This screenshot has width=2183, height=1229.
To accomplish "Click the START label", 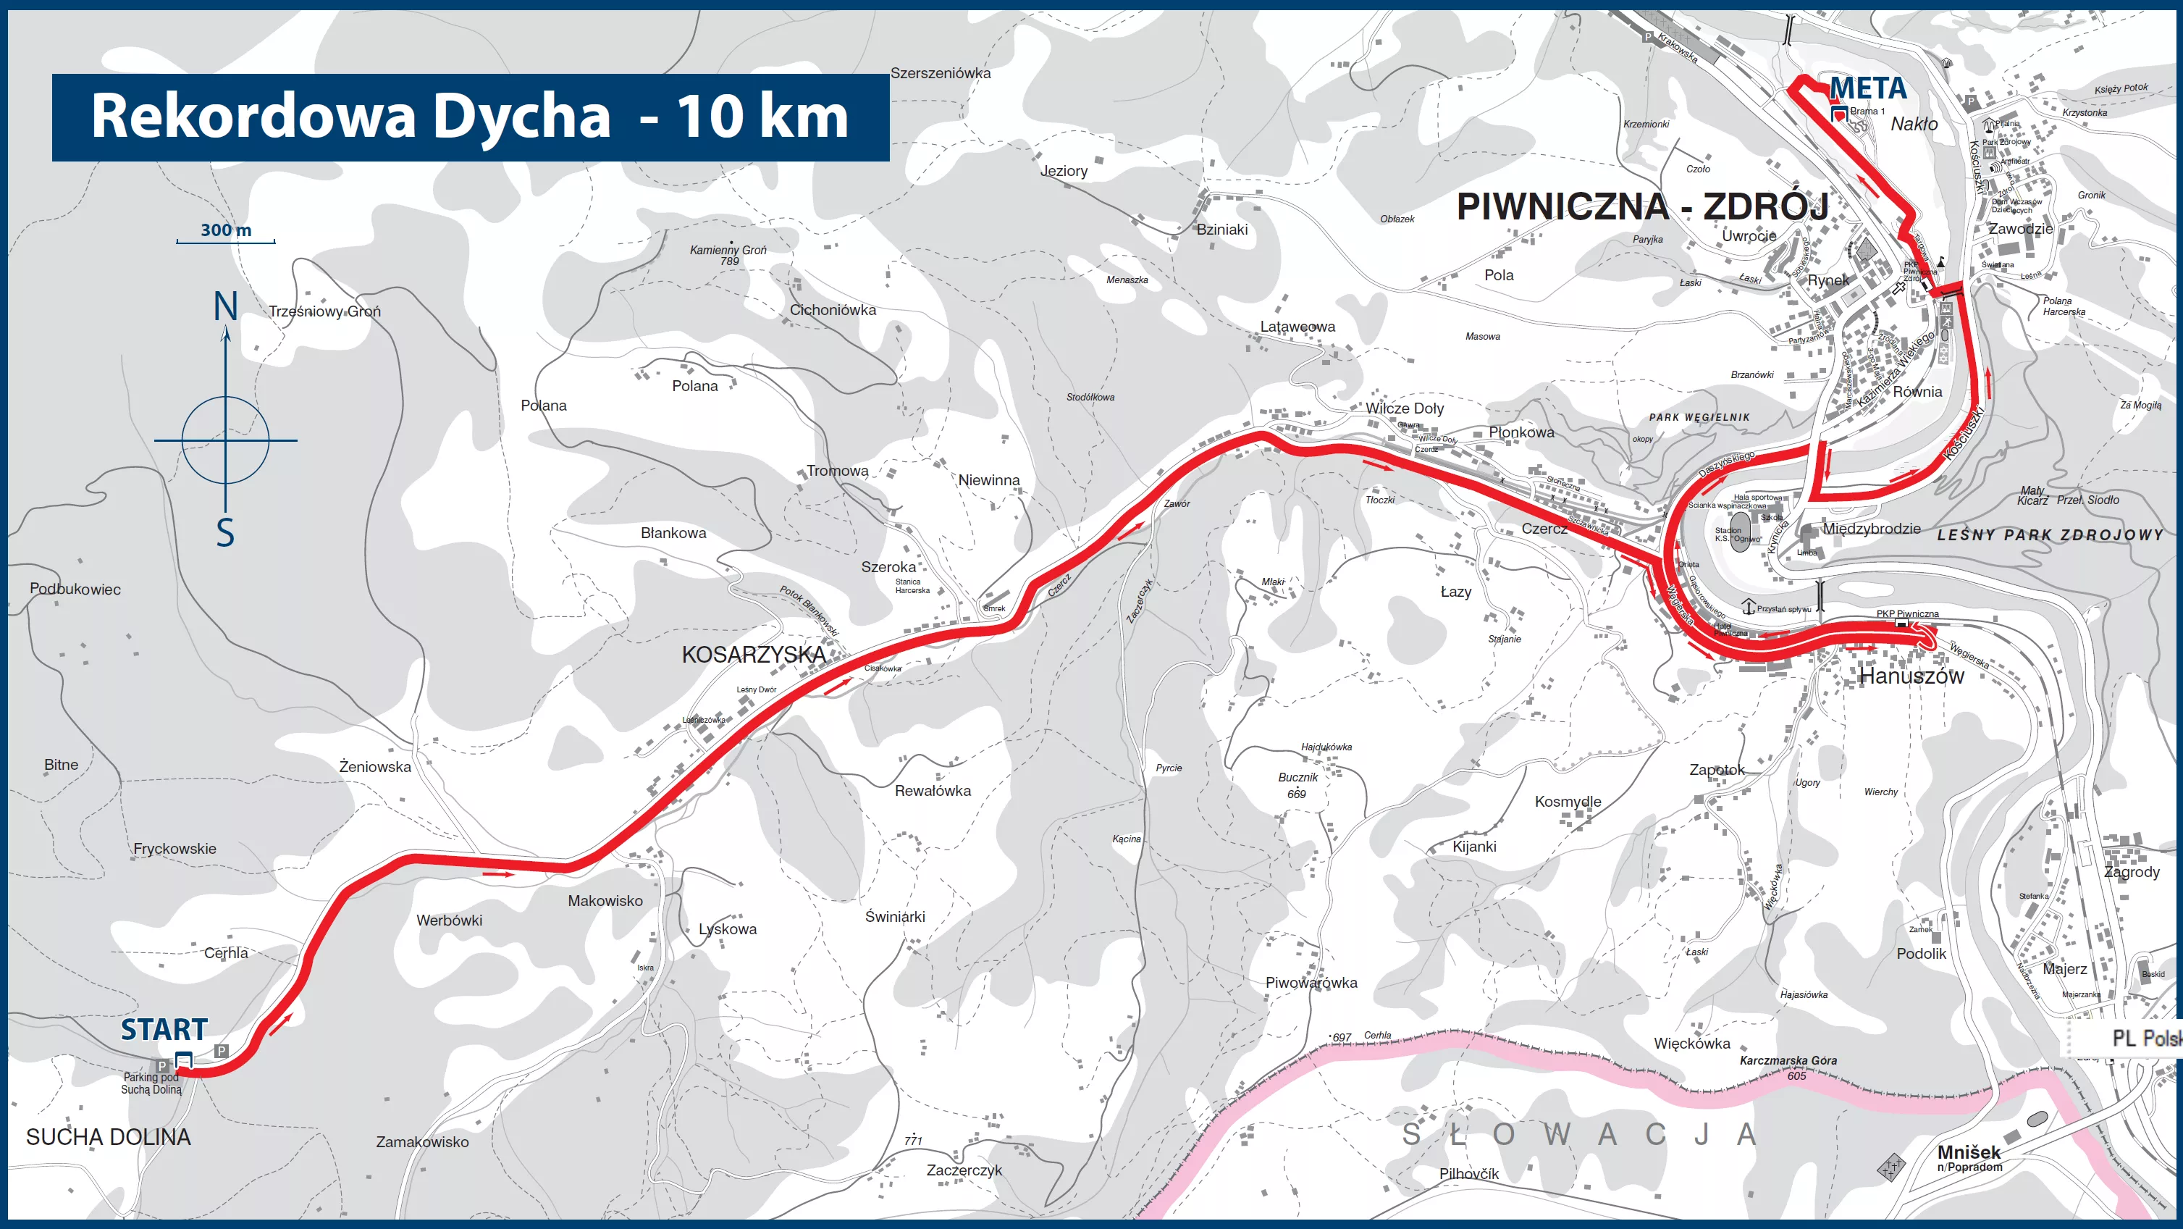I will [164, 1030].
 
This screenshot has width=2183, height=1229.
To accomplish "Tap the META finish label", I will [1868, 88].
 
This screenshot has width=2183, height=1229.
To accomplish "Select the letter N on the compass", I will [225, 307].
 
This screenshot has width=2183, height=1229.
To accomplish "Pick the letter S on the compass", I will [224, 533].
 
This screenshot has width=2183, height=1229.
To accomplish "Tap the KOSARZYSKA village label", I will [754, 655].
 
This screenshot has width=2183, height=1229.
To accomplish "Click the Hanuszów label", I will [1911, 676].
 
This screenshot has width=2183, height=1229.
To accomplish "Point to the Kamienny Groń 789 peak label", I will [728, 254].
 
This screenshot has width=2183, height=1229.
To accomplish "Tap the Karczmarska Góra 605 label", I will [1788, 1067].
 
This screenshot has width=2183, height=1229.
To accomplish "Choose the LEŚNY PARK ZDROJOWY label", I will [2049, 534].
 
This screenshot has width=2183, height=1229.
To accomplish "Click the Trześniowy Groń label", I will [324, 311].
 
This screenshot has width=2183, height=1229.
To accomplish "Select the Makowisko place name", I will [605, 901].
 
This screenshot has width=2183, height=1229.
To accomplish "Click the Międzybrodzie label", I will [1871, 529].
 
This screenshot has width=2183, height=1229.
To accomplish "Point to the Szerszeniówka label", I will [940, 74].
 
